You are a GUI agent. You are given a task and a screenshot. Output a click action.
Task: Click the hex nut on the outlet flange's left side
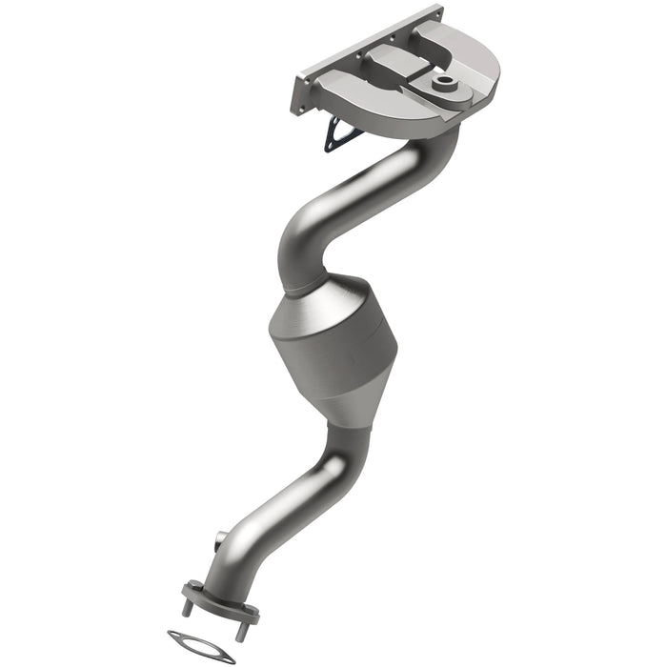191,585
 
